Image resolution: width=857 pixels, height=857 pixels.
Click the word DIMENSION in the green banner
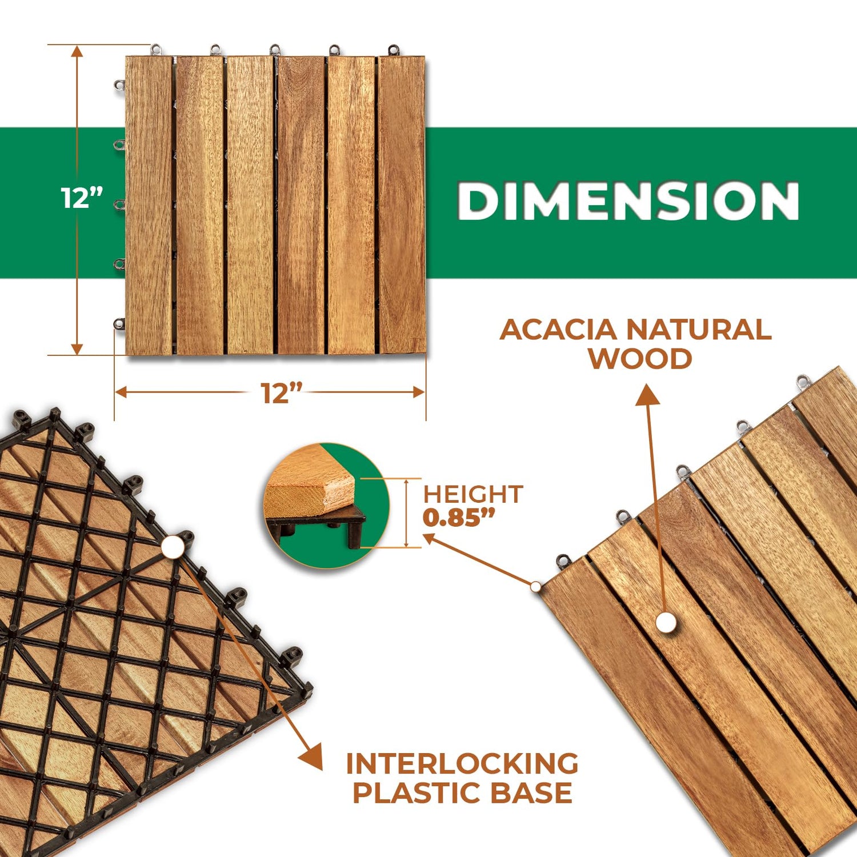tap(628, 201)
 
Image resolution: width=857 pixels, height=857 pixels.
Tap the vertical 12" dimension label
tap(82, 198)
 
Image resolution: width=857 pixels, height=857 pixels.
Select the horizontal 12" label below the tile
tap(281, 393)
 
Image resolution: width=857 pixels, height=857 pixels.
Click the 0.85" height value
tap(459, 518)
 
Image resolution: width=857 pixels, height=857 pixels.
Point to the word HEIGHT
tap(472, 494)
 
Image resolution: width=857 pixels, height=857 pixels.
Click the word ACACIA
tap(558, 330)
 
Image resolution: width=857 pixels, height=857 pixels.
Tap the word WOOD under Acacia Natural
tap(640, 359)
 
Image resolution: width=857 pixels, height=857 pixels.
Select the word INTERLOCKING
tap(462, 764)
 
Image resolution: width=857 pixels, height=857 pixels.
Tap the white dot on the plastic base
tap(173, 547)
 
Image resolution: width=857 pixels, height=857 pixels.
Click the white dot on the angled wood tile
tap(666, 622)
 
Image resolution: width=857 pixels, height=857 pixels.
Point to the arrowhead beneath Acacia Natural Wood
tap(647, 394)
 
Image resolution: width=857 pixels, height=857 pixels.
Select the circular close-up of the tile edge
tap(326, 506)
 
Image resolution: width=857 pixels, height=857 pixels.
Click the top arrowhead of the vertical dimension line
tap(77, 52)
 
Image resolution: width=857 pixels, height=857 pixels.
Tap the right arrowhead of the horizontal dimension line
tap(419, 392)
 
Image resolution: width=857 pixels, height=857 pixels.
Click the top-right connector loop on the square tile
tap(393, 50)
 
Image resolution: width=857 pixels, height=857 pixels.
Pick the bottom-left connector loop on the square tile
tap(119, 324)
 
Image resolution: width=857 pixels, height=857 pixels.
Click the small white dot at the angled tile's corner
tap(535, 586)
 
